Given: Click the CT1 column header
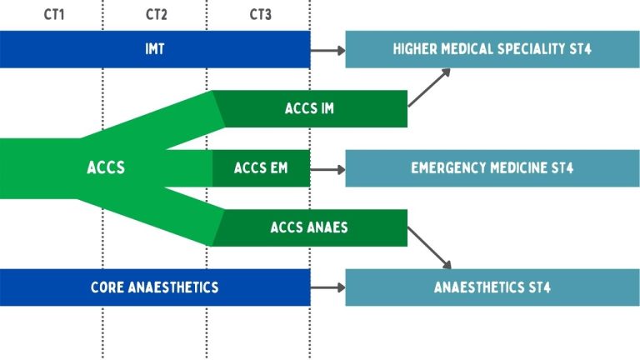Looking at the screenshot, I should [x=52, y=15].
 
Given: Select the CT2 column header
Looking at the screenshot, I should [x=156, y=15].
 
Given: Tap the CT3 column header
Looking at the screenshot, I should [x=260, y=15].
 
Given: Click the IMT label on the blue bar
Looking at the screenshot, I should [x=155, y=50].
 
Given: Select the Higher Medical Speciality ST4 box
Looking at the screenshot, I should [x=492, y=50].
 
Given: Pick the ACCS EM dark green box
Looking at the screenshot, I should [x=261, y=169].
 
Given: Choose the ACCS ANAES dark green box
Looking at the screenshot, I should [x=309, y=227].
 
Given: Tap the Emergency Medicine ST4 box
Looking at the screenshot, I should [x=492, y=169].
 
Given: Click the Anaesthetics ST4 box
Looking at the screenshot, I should [x=492, y=287].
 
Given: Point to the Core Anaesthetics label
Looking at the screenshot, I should [x=154, y=287].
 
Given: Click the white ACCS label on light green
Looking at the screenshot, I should [x=106, y=168].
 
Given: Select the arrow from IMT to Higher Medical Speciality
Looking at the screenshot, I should [x=328, y=51].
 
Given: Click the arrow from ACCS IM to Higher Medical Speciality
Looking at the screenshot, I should [x=429, y=87].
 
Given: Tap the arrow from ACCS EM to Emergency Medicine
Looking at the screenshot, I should [x=328, y=169].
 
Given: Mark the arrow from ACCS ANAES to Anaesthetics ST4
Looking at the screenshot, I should [x=429, y=248].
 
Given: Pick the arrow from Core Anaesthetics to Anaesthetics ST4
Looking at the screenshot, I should [x=328, y=287].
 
